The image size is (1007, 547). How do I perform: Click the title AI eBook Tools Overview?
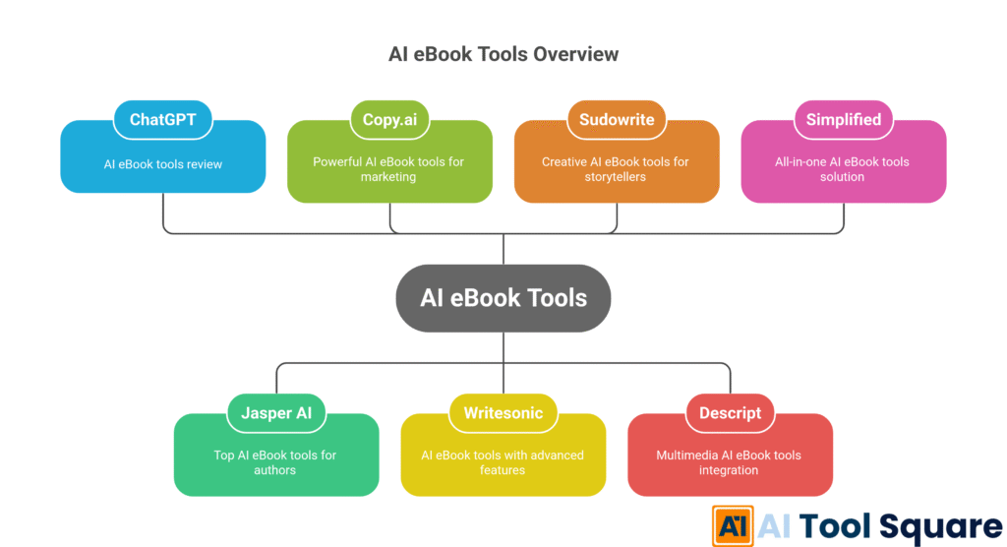(x=503, y=53)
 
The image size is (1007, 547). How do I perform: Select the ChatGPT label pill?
(x=163, y=120)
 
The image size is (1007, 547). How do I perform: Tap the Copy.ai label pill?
(x=389, y=120)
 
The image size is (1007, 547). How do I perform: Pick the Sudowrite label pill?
(x=617, y=120)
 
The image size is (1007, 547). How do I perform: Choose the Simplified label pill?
(x=843, y=120)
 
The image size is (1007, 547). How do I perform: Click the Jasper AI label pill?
(x=276, y=413)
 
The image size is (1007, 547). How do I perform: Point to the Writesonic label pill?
(x=503, y=413)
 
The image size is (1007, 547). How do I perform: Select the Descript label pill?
(x=730, y=413)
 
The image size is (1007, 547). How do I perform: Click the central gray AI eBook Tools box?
(x=503, y=297)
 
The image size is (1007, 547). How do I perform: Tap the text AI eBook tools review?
(x=163, y=164)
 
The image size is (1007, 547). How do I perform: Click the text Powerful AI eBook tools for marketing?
(x=389, y=169)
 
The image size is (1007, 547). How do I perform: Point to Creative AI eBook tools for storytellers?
(x=617, y=169)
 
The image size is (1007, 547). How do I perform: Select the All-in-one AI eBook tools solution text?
(x=843, y=169)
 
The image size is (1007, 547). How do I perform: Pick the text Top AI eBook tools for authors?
(x=276, y=462)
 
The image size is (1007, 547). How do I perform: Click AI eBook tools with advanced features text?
(x=503, y=462)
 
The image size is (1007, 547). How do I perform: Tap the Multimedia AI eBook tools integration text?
(x=730, y=462)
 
